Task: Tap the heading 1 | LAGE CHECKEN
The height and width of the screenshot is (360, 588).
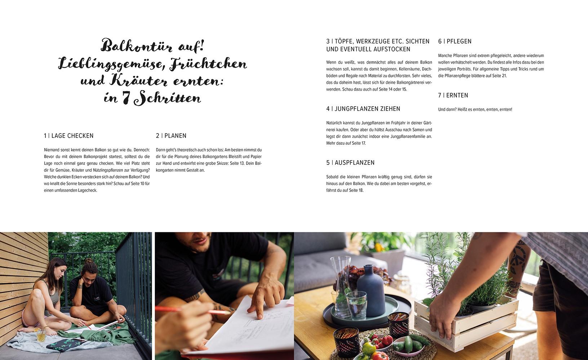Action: (69, 136)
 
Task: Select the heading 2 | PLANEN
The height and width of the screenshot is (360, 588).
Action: (171, 136)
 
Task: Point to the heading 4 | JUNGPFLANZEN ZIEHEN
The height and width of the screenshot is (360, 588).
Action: (363, 109)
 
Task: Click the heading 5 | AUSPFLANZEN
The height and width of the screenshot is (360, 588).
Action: (350, 163)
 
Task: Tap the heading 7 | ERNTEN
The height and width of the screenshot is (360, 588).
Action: (453, 95)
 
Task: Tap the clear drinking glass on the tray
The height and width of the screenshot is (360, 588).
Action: (356, 306)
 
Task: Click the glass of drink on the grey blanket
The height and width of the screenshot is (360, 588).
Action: (41, 336)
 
